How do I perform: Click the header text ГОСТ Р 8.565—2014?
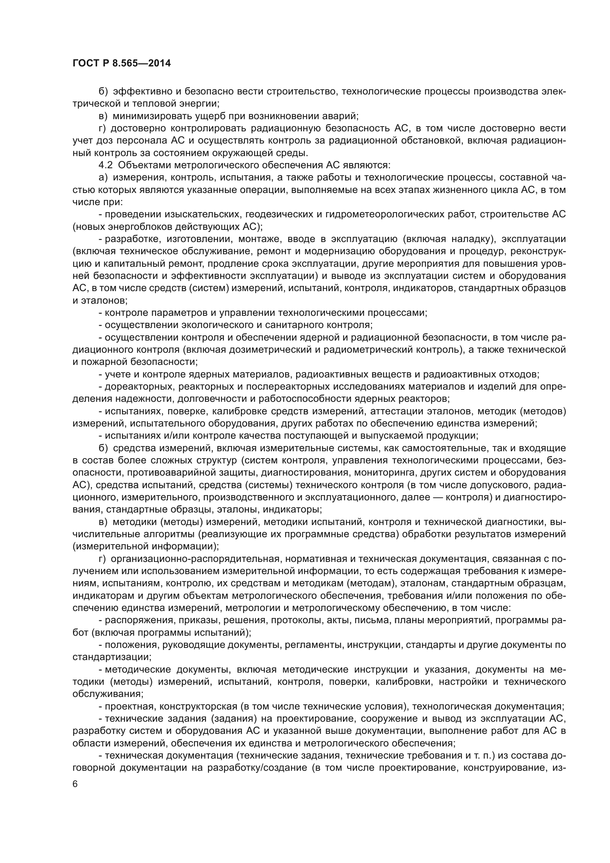(121, 63)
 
